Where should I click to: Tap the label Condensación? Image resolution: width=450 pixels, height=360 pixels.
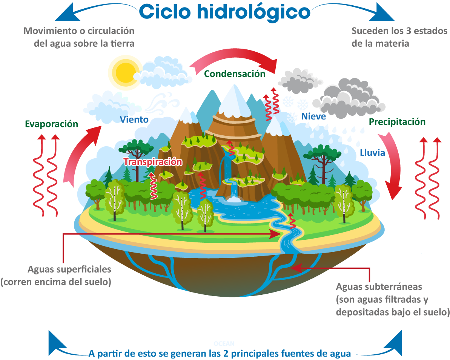(235, 74)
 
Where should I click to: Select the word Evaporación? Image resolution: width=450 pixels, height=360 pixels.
(51, 124)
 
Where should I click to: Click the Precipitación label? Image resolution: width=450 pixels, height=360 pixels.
(397, 122)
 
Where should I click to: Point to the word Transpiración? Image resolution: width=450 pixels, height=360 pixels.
(153, 162)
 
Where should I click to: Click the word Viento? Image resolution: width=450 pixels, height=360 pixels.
(134, 120)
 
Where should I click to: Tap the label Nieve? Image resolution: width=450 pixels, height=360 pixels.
(313, 116)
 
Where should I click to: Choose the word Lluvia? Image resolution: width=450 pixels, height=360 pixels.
(372, 153)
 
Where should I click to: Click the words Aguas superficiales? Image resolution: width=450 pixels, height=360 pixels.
(69, 270)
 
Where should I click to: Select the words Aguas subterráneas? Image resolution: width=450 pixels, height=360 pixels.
(379, 286)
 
